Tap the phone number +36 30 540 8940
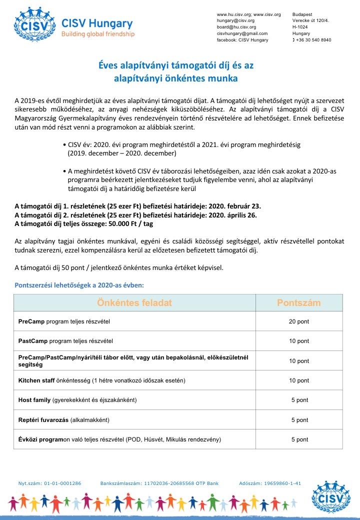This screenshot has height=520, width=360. (x=313, y=39)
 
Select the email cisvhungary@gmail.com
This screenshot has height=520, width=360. (x=242, y=33)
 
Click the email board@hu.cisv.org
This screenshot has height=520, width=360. (x=236, y=27)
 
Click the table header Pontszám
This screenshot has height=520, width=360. (x=299, y=303)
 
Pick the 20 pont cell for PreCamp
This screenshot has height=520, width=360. (x=299, y=321)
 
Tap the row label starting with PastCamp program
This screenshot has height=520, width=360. (x=65, y=341)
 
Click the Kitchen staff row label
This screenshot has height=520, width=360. (x=101, y=380)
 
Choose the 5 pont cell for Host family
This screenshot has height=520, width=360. (x=299, y=400)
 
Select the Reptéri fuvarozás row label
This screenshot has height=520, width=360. (x=63, y=419)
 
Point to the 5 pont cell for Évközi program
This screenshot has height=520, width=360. (x=299, y=439)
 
